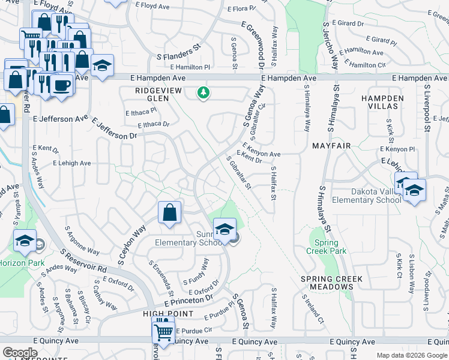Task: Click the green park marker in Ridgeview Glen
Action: click(x=204, y=93)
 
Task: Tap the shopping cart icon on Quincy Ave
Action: click(x=163, y=331)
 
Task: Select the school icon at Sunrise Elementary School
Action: click(x=224, y=230)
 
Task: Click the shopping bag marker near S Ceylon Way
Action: click(x=170, y=212)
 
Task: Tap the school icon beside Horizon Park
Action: click(x=25, y=241)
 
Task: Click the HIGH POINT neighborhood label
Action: click(x=168, y=314)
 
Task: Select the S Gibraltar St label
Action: click(x=238, y=172)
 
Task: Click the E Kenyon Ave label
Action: click(x=262, y=150)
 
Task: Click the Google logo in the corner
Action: click(x=20, y=353)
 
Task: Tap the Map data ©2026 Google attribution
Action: click(x=411, y=355)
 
